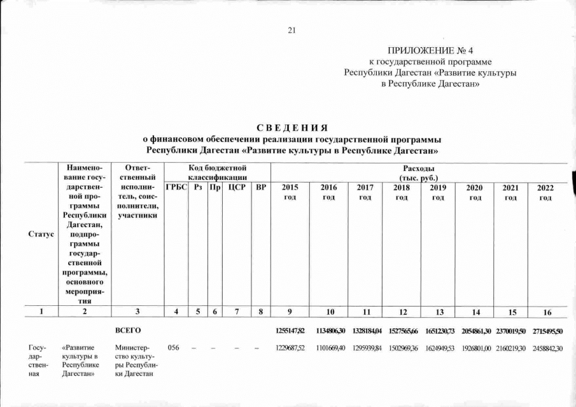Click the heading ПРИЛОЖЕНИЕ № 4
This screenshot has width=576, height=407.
430,50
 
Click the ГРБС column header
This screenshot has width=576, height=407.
176,188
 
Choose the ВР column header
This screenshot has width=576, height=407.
260,188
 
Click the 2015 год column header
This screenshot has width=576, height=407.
290,193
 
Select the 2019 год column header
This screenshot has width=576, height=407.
438,193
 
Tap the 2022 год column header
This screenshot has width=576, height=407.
545,193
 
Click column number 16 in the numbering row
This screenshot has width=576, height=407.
545,312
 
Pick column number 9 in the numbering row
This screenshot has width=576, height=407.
290,312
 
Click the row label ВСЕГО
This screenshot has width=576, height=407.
128,331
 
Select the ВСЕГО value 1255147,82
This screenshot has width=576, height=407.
290,331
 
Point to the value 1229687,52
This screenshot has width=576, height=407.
290,348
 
